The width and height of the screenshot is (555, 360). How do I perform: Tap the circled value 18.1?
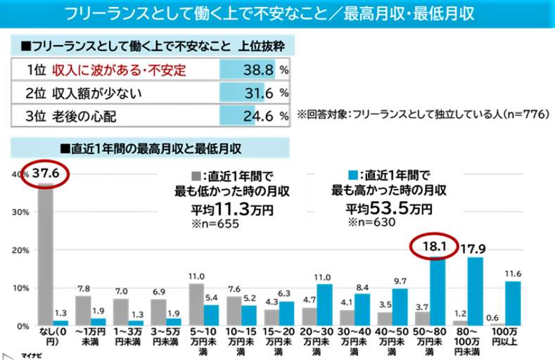pyautogui.click(x=432, y=247)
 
